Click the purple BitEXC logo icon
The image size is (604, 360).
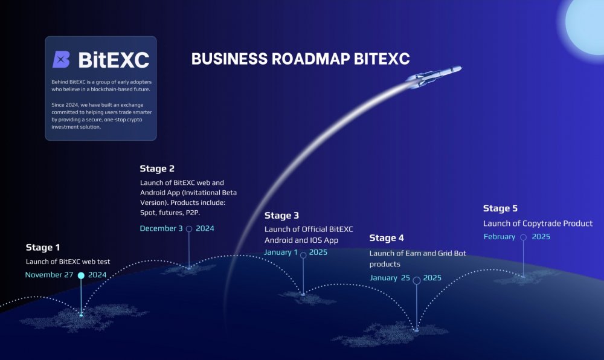(x=61, y=59)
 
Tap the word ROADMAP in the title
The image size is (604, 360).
(x=311, y=59)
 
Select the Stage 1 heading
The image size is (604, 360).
(x=43, y=247)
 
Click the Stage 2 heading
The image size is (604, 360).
(x=157, y=169)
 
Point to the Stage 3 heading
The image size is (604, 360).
(x=281, y=216)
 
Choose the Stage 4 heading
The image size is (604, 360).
(x=387, y=238)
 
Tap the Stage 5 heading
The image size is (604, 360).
(x=500, y=208)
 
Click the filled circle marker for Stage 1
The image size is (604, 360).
(x=81, y=275)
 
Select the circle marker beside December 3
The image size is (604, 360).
(x=189, y=229)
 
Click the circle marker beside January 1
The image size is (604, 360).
(x=303, y=255)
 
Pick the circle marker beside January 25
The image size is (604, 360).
(x=416, y=280)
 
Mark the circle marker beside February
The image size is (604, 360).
(x=523, y=237)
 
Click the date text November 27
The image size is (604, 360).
(x=49, y=274)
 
